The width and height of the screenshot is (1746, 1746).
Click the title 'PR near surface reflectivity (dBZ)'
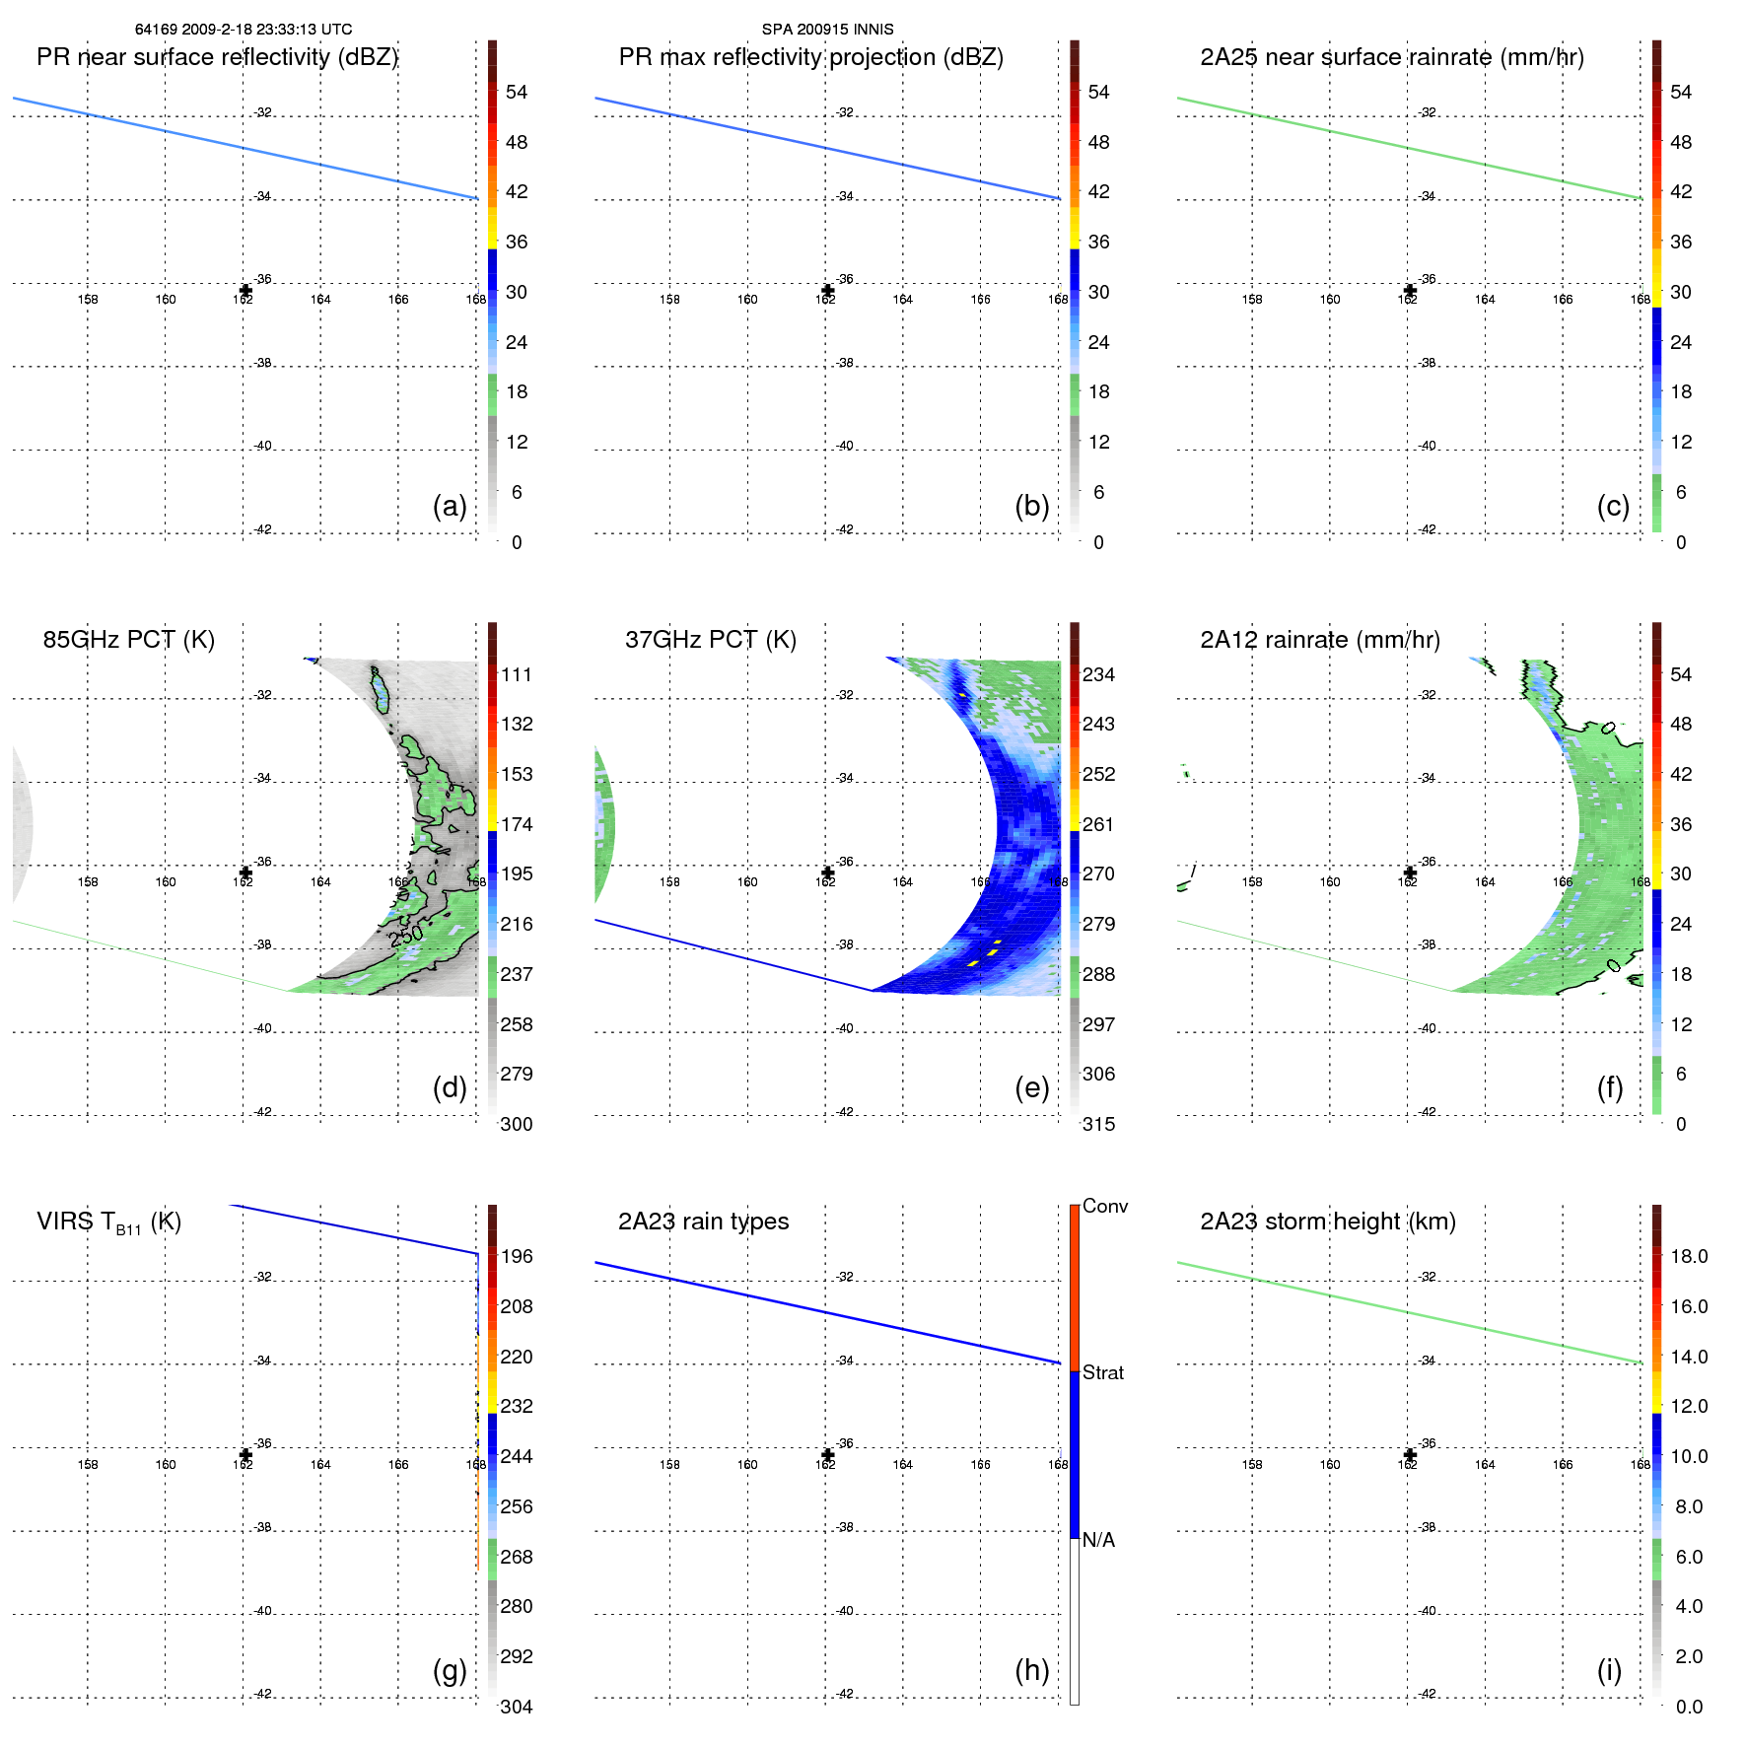217,57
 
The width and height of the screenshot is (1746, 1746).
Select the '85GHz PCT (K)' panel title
128,640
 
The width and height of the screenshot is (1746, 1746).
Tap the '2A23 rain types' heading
703,1222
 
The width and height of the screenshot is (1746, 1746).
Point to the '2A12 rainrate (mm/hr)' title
1319,640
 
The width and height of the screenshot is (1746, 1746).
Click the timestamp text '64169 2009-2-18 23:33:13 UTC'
244,30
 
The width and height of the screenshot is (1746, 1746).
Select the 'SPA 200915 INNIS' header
827,30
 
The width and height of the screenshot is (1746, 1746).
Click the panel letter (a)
450,506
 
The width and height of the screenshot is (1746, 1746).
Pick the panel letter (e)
1031,1087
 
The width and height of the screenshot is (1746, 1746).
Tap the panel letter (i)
1609,1670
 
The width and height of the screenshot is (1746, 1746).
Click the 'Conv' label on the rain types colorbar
1104,1206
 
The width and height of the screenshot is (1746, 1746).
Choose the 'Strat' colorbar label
1102,1372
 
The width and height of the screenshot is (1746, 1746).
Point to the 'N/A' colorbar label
1098,1540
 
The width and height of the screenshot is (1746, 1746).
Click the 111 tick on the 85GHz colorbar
517,674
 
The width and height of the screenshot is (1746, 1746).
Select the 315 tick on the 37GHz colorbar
1098,1124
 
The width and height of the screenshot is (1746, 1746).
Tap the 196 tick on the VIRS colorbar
517,1256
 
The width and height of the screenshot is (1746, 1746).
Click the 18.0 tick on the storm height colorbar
1688,1256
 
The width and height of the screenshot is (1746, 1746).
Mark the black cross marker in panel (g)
245,1455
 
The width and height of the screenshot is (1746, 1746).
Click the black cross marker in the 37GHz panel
827,873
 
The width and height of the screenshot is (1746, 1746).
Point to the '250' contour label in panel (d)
406,935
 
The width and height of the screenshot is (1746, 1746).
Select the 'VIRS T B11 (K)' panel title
108,1222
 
